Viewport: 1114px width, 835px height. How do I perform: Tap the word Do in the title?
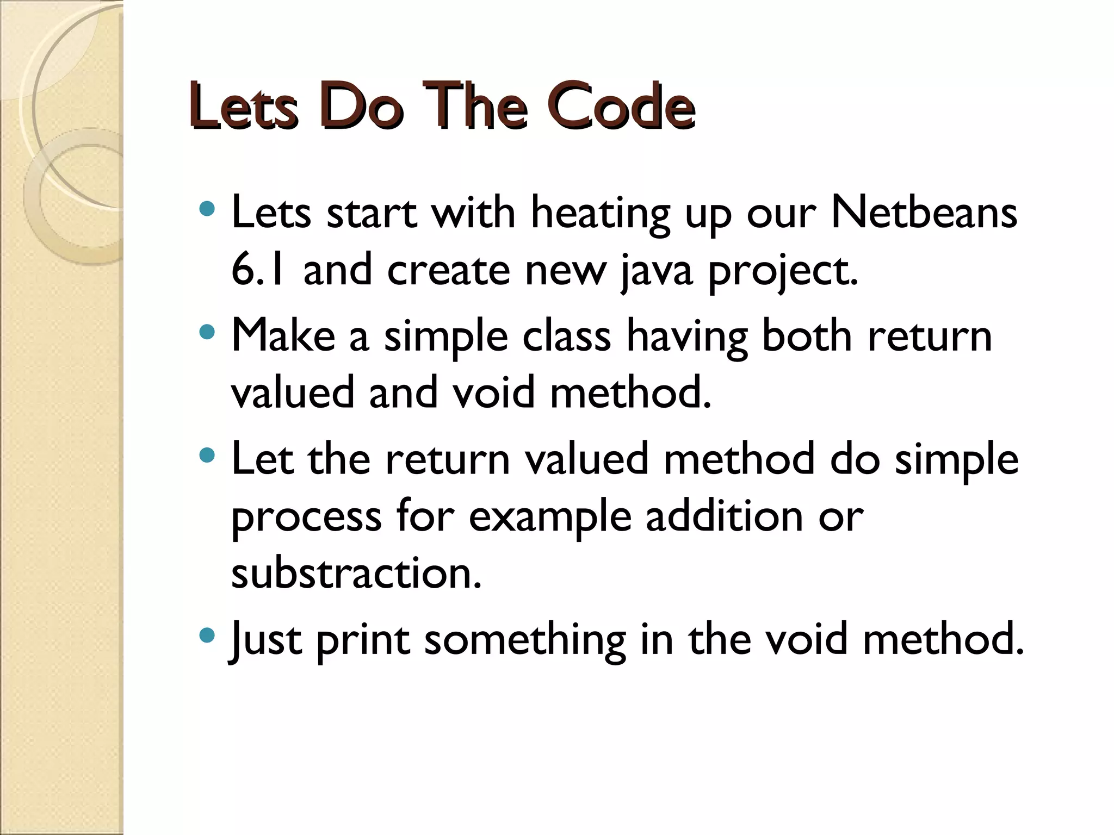point(361,107)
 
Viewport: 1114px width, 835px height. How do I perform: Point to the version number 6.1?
point(258,270)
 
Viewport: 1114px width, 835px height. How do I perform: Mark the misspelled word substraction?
point(356,573)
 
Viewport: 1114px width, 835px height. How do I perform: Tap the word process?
point(306,517)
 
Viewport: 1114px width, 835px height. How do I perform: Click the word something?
point(525,640)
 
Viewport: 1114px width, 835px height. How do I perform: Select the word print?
point(362,640)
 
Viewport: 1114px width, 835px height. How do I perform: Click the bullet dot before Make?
point(207,331)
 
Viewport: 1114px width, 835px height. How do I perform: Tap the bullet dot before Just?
point(207,634)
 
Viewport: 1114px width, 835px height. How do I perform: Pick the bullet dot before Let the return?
point(207,454)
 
